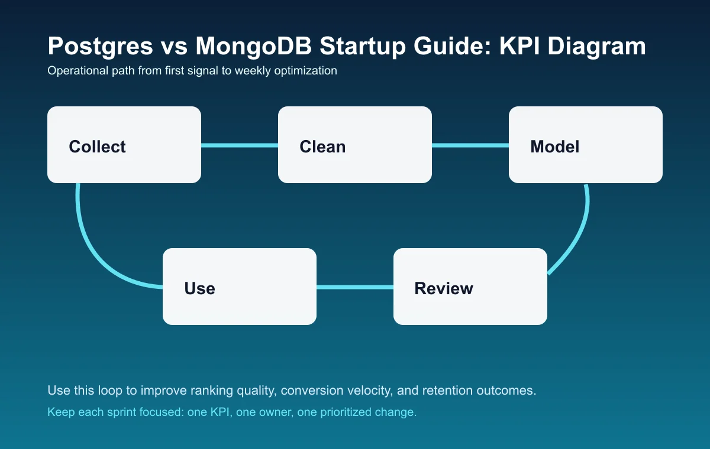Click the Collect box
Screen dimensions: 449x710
(124, 145)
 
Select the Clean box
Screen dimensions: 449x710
(355, 145)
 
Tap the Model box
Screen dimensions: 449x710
(586, 145)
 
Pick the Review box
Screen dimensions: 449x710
(470, 287)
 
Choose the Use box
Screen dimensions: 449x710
(240, 287)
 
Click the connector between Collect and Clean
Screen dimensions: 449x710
(240, 145)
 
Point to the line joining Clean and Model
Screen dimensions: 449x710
(470, 145)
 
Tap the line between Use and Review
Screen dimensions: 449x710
(355, 287)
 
